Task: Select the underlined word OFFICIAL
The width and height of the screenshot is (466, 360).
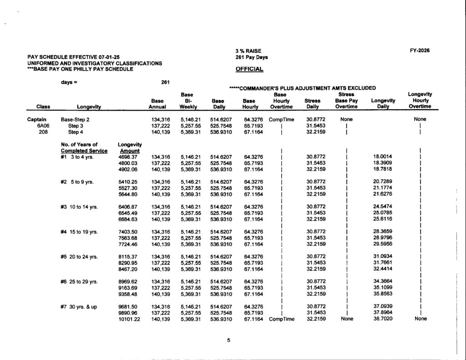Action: tap(249, 69)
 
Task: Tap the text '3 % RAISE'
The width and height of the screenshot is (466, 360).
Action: tap(248, 51)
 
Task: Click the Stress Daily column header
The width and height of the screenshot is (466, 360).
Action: tap(312, 104)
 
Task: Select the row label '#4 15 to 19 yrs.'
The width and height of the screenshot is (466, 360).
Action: tap(79, 232)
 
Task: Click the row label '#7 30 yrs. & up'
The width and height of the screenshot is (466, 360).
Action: tap(79, 307)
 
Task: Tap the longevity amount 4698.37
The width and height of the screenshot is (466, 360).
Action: tap(127, 157)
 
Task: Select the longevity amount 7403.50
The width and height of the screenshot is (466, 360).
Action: tap(127, 232)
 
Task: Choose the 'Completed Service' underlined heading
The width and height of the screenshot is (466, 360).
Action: tap(84, 151)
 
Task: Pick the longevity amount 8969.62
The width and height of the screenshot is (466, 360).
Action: tap(127, 282)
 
